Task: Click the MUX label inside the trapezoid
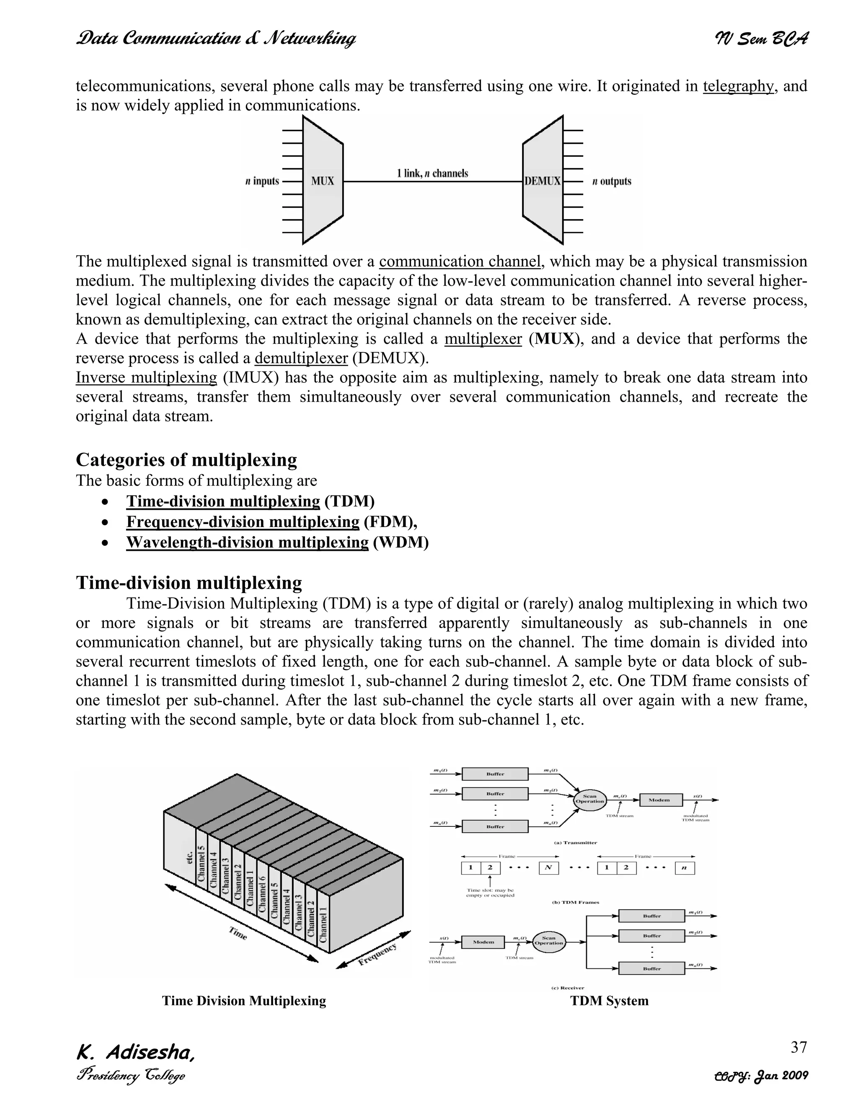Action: [x=322, y=181]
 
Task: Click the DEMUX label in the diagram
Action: [x=543, y=181]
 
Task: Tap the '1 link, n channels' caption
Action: [x=432, y=173]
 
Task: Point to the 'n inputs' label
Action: [x=262, y=181]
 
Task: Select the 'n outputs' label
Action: [x=612, y=181]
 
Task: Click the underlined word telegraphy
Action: [x=738, y=86]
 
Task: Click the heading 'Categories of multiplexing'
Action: [x=186, y=459]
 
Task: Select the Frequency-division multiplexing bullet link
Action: [x=243, y=521]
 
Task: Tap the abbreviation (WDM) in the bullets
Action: [x=401, y=542]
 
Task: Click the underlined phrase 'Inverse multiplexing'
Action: [x=146, y=378]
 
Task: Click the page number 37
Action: [x=799, y=1047]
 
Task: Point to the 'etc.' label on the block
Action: [x=189, y=857]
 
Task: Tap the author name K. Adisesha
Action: [x=135, y=1052]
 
